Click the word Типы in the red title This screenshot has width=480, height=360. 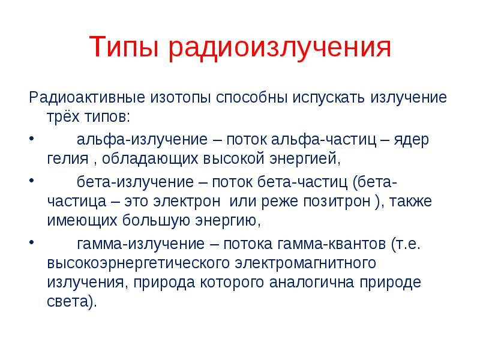[124, 47]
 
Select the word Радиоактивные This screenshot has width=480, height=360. [87, 97]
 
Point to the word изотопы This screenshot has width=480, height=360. [181, 98]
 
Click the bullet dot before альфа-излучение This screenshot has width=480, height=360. [32, 139]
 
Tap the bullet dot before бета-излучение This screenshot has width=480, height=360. [32, 181]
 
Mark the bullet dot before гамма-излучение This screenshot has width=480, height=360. [32, 242]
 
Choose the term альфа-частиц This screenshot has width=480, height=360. [323, 140]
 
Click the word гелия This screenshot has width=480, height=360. [68, 159]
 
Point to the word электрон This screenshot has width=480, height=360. [187, 202]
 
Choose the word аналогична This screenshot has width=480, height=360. [311, 282]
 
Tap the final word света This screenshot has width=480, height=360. [67, 302]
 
